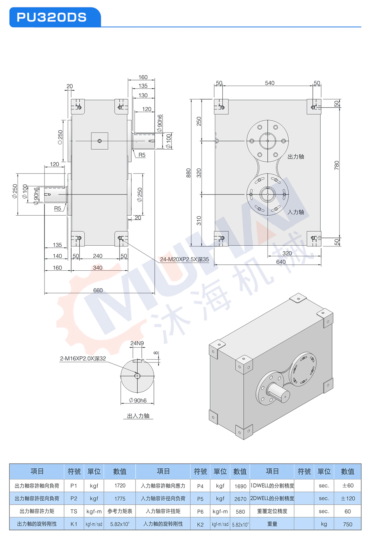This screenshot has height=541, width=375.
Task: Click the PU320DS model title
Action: (x=52, y=18)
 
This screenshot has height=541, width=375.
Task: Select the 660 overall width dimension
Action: (x=98, y=290)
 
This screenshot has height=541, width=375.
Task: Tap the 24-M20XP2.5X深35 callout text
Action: (x=184, y=259)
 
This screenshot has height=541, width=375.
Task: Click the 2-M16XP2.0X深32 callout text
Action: (x=83, y=359)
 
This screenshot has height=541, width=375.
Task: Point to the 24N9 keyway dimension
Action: (x=137, y=343)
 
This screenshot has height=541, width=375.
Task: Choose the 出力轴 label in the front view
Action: (x=296, y=157)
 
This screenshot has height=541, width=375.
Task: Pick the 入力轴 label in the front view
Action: (x=296, y=212)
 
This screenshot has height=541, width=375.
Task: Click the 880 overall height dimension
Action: (x=188, y=173)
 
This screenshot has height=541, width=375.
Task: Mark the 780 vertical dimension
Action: (x=337, y=165)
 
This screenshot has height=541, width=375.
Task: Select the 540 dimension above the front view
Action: (x=270, y=83)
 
